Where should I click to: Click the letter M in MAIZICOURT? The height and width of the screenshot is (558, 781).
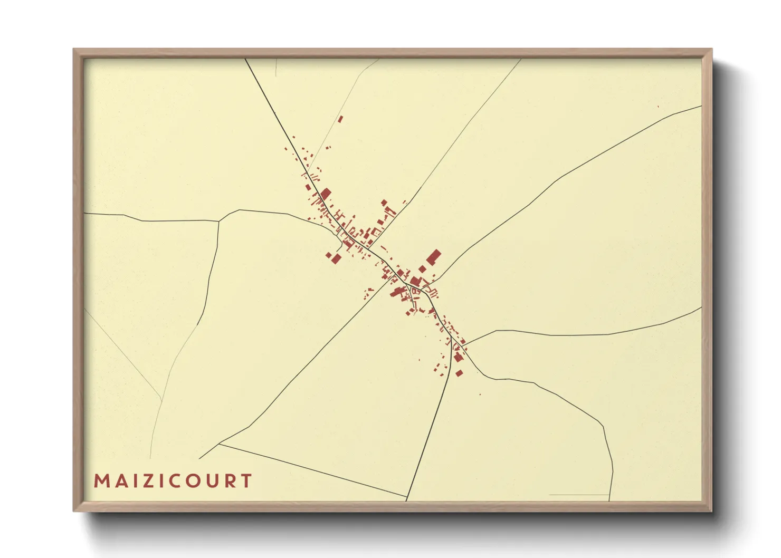click(102, 481)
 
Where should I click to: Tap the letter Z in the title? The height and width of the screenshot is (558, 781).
click(152, 481)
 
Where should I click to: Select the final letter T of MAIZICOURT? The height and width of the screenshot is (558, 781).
click(246, 481)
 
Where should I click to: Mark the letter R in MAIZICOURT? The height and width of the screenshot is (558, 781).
click(231, 481)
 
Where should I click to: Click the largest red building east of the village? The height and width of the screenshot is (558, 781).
click(434, 257)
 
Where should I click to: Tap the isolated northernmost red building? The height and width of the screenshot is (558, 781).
click(340, 119)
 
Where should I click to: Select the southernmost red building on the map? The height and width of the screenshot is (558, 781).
click(459, 373)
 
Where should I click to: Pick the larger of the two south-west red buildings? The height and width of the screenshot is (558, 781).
click(336, 258)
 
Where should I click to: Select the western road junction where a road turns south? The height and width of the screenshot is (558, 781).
click(219, 221)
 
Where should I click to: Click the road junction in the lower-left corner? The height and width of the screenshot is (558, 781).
click(218, 444)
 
